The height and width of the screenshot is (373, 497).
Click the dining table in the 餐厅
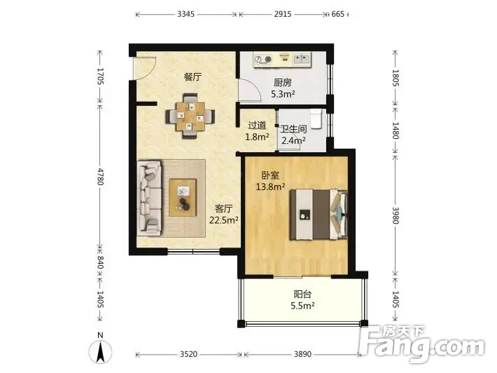coord(190,116)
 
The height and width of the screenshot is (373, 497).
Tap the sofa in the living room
coord(150,198)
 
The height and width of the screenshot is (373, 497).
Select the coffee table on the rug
coord(183,198)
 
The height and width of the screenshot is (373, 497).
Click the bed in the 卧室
coord(318,215)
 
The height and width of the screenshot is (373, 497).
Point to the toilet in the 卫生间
coord(316,118)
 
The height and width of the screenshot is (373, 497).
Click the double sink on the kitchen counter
coord(301,59)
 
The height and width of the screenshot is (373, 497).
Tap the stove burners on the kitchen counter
coord(263,59)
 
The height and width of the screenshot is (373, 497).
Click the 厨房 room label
coord(282,83)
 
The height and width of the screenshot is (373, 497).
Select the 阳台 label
coord(302,294)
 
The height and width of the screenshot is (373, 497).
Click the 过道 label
coord(257,126)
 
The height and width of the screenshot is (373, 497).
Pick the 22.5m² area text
coord(224,219)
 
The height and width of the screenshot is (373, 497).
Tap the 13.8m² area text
coord(270,186)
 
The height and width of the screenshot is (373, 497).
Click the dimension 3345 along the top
coord(185,14)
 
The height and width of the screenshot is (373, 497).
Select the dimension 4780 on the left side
coord(100,177)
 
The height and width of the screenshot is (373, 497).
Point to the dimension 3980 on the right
coord(395,215)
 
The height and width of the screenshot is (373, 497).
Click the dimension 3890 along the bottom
coord(302,354)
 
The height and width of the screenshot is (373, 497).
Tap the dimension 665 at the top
coord(338,14)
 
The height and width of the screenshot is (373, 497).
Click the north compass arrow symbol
coord(101,352)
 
